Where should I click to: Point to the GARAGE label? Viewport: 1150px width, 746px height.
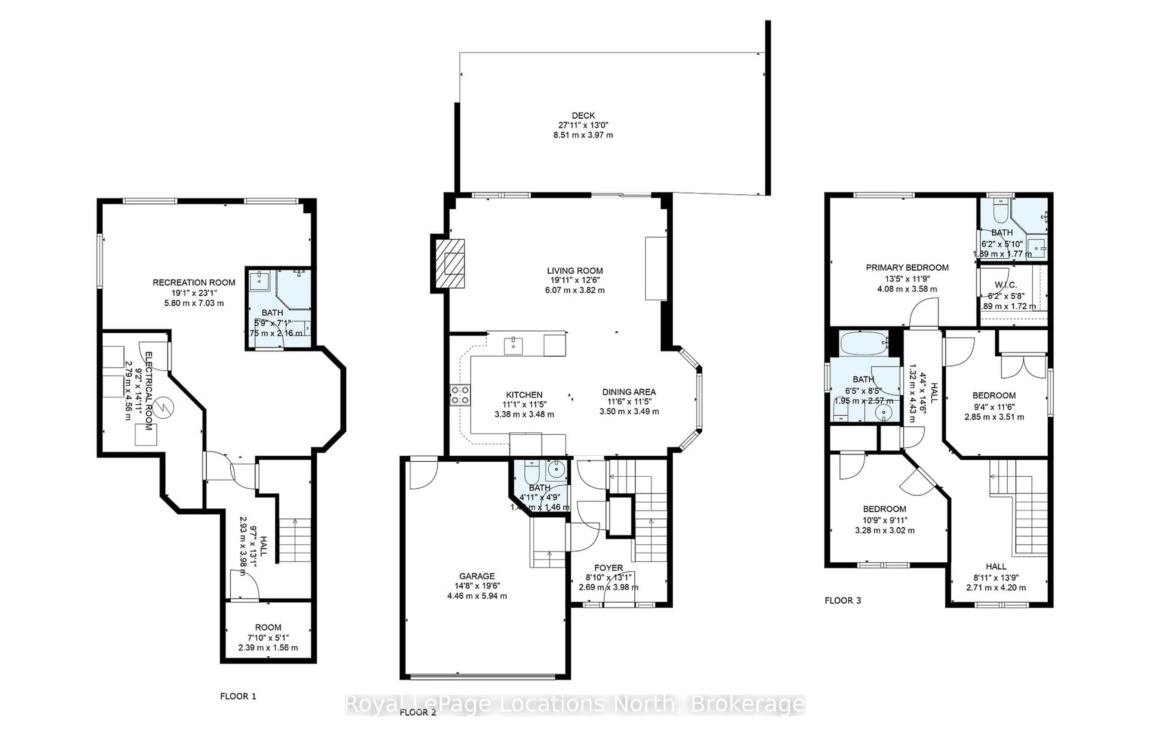(x=476, y=576)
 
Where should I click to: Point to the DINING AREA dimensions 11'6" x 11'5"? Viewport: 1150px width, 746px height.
(x=629, y=402)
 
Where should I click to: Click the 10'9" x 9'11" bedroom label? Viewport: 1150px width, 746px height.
(x=884, y=520)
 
